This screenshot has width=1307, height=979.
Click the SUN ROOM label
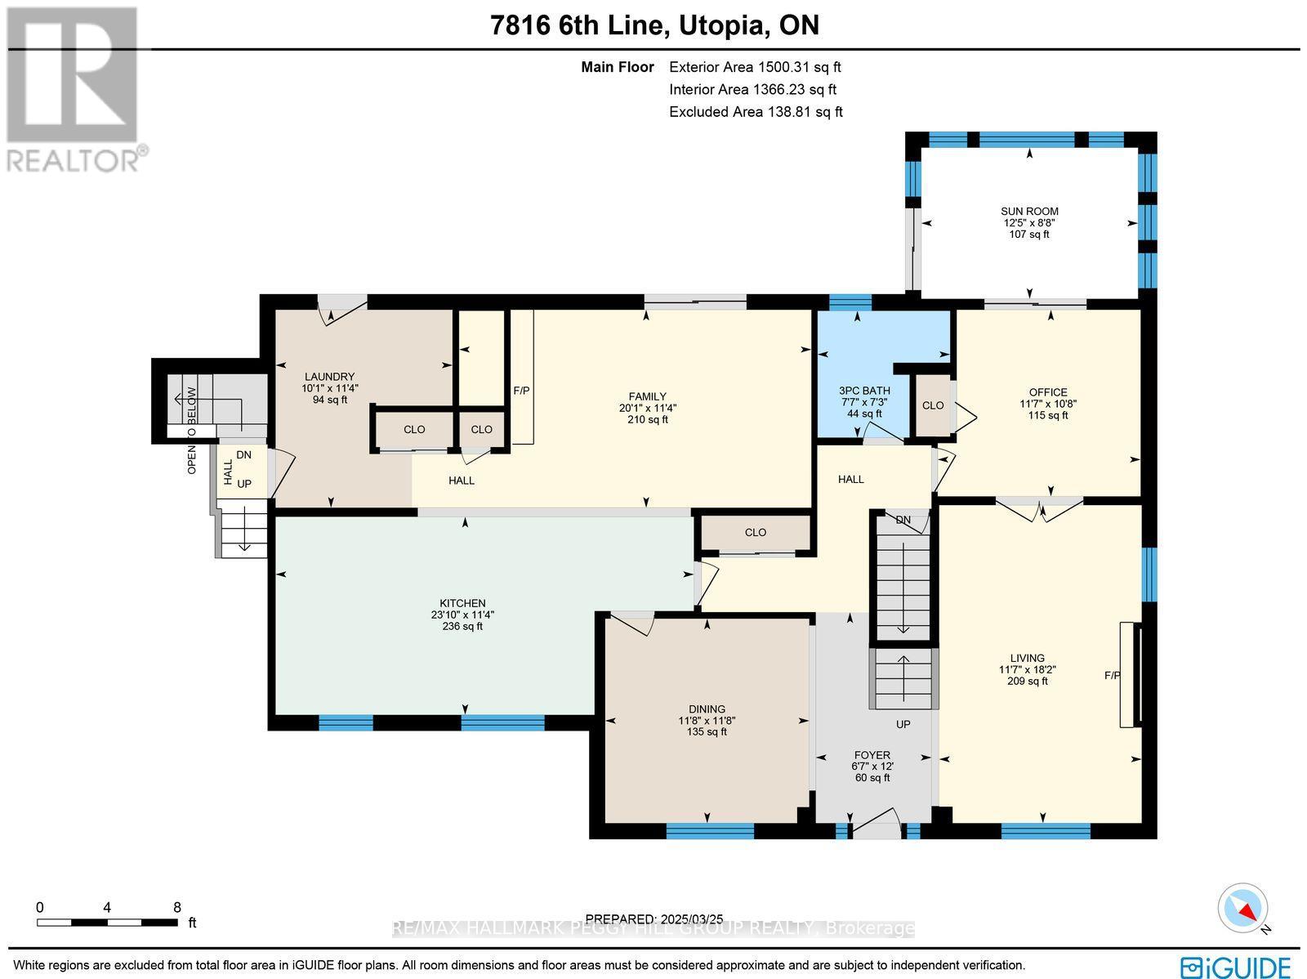1029,211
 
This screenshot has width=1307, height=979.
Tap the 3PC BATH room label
864,391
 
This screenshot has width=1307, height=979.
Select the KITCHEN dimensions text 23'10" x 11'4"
463,615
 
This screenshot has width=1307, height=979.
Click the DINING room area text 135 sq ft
707,732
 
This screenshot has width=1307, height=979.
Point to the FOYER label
872,755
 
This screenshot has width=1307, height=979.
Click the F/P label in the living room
1112,676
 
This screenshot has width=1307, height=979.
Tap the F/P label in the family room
521,391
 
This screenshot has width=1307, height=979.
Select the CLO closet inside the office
933,405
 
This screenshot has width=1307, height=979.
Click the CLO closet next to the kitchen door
755,532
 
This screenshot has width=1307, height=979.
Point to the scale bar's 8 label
177,907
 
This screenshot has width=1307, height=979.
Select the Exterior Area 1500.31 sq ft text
755,68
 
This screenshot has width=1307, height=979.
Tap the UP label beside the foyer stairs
903,724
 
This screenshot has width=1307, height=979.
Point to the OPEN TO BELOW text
192,430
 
